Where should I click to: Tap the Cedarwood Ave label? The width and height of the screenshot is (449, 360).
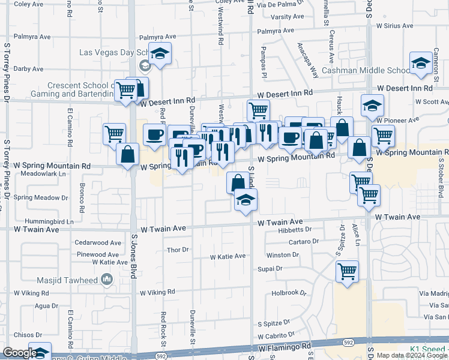click(x=98, y=243)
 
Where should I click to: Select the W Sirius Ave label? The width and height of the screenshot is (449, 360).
click(x=394, y=26)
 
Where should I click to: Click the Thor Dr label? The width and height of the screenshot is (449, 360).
click(x=178, y=250)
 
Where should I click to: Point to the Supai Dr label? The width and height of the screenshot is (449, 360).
click(x=270, y=269)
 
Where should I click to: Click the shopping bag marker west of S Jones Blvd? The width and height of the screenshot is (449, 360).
click(x=128, y=155)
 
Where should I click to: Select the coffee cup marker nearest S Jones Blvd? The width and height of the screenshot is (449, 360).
click(x=154, y=134)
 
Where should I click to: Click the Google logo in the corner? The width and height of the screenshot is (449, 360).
click(x=19, y=353)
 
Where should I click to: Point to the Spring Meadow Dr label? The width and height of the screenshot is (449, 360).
click(x=40, y=197)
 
